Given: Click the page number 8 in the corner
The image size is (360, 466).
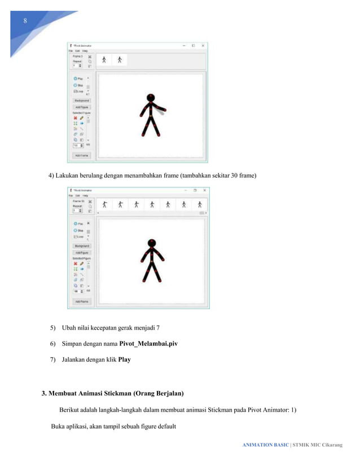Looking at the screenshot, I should [x=25, y=21].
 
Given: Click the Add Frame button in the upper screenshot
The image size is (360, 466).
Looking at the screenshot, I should [x=81, y=155].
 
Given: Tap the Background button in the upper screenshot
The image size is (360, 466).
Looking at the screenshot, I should [x=82, y=100].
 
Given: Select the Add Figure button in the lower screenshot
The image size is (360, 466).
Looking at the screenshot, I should [x=82, y=253].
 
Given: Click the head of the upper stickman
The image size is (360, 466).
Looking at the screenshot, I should [x=150, y=98].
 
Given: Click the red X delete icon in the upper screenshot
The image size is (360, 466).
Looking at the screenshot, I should [x=75, y=118].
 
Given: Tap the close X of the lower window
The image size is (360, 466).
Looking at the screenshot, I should [x=204, y=191].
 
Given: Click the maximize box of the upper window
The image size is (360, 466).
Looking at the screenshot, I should [x=193, y=45].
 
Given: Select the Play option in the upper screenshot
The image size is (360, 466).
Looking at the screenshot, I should [x=78, y=79].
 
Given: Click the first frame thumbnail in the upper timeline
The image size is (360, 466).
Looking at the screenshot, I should [x=104, y=60].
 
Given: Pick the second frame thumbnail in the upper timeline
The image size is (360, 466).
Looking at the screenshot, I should [x=120, y=60].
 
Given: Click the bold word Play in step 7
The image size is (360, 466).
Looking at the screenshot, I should [x=124, y=359].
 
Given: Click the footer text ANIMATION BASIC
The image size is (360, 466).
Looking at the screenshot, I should [x=265, y=445].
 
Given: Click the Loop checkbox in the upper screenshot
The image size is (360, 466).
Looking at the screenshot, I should [x=75, y=90].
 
